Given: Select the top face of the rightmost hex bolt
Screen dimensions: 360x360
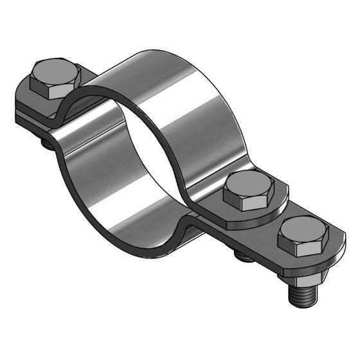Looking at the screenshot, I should (x=303, y=228).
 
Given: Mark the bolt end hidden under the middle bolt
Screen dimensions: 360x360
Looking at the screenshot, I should (x=240, y=256).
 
